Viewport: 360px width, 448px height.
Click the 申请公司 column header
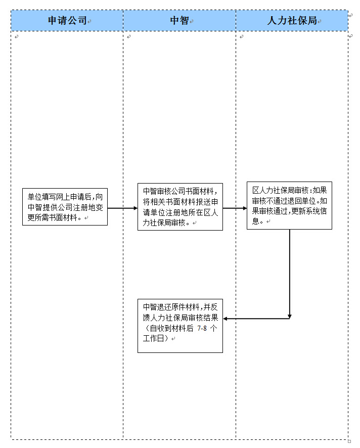point(67,21)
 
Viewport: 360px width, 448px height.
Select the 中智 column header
point(179,21)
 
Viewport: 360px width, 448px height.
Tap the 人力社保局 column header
point(292,21)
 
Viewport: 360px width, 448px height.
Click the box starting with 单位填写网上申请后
point(65,207)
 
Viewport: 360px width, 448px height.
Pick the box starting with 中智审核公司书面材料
point(180,207)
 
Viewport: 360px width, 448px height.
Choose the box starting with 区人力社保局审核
point(289,205)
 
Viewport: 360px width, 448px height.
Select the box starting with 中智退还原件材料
point(180,325)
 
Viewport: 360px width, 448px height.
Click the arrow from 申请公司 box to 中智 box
point(122,208)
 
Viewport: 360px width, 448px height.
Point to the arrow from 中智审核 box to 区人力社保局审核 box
point(235,208)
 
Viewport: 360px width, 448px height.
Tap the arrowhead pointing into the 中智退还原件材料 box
point(226,319)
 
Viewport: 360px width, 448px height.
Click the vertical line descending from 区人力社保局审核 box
point(290,273)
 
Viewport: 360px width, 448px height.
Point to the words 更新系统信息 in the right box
point(305,211)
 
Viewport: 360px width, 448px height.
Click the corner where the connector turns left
point(290,319)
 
